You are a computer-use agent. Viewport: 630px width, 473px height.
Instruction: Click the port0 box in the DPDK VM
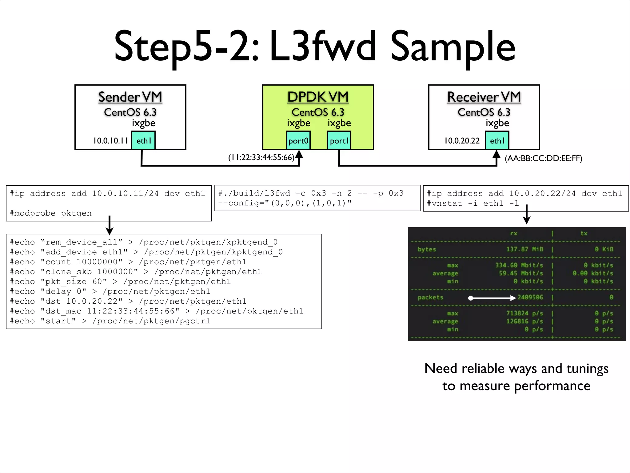[x=298, y=140]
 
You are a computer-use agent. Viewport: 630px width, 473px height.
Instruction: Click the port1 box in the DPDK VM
[x=339, y=140]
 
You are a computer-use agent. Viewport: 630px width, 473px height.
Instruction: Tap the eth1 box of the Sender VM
[x=143, y=140]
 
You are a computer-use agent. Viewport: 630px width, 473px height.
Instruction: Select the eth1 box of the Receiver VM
[x=497, y=140]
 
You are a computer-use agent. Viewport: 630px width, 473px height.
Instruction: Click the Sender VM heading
[x=130, y=97]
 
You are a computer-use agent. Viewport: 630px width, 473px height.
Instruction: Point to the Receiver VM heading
[x=484, y=97]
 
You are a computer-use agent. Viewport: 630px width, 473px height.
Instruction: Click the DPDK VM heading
[x=318, y=97]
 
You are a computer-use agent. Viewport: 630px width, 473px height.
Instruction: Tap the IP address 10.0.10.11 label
[x=110, y=141]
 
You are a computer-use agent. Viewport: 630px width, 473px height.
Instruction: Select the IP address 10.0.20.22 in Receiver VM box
[x=462, y=141]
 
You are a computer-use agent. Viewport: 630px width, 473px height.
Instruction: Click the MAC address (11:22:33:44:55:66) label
[x=261, y=158]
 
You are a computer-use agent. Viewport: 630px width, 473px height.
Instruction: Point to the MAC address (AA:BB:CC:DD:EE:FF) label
[x=543, y=158]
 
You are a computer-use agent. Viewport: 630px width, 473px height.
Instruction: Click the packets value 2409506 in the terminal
[x=530, y=297]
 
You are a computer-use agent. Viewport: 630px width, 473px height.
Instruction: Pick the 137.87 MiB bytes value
[x=524, y=249]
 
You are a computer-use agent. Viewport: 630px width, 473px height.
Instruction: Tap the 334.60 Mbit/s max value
[x=519, y=265]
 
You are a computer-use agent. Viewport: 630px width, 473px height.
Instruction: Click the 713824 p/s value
[x=524, y=313]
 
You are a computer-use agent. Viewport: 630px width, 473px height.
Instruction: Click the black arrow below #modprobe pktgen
[x=110, y=225]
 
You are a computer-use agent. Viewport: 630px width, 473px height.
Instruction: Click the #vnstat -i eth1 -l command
[x=472, y=203]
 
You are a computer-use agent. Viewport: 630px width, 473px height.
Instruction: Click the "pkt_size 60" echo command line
[x=120, y=281]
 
